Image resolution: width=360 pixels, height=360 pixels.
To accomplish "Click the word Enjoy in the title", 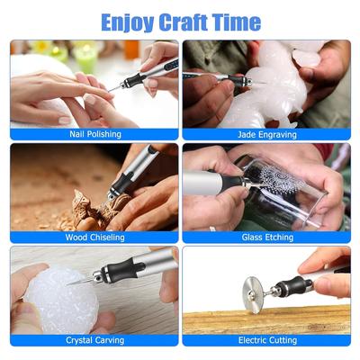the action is click(x=128, y=22).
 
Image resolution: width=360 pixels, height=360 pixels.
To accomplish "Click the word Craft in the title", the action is click(x=183, y=22).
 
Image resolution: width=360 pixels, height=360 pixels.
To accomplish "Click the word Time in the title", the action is click(x=236, y=22).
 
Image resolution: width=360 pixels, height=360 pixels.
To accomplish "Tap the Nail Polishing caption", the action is click(x=95, y=134).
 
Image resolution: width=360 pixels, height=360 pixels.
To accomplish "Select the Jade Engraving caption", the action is click(x=267, y=135).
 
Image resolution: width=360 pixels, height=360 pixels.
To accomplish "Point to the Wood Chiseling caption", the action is click(x=94, y=238).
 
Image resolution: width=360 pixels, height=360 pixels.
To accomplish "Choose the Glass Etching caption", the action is click(x=267, y=238).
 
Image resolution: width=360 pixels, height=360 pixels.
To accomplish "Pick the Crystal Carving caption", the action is click(x=94, y=340).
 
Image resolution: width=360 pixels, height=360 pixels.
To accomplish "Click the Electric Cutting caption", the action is click(x=267, y=340).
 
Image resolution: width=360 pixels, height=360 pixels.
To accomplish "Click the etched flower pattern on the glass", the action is click(x=282, y=178).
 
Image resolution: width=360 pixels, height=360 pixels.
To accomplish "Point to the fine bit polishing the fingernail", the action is click(x=115, y=87).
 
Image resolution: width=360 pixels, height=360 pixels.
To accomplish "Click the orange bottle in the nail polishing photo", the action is click(x=132, y=49).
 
